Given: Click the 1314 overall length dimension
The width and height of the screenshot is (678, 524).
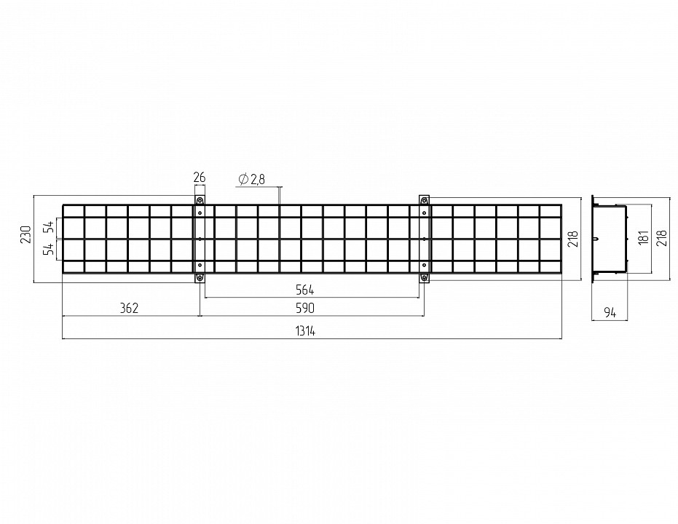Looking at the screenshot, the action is coord(305,331).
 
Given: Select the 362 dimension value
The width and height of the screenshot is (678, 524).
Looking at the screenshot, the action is coord(129,308).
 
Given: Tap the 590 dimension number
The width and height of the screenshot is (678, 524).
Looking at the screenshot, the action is coord(305,308).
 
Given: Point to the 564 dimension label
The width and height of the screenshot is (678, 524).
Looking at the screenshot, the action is coord(305,290).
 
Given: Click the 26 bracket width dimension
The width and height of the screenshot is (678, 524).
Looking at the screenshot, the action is coord(200,177).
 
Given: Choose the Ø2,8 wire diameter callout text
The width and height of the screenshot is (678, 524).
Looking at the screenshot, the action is coord(252,179).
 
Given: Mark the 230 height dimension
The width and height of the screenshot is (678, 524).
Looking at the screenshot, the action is coord(26,234).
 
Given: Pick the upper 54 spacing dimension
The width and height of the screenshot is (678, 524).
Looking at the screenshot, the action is coord(50,227).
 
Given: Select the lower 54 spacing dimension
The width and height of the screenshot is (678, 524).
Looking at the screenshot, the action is coord(50,249).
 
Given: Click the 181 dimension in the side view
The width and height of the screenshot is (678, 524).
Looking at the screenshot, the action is coord(644,237).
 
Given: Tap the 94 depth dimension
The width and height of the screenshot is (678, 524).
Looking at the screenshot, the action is coord(610,312).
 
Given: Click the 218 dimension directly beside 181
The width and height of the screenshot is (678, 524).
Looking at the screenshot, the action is coord(662,238).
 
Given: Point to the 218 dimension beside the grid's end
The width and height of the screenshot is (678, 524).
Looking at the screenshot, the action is coord(574,239).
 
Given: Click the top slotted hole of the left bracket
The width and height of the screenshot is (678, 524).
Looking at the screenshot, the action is coord(200,201).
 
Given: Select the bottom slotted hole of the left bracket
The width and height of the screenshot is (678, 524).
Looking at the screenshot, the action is coord(200,277).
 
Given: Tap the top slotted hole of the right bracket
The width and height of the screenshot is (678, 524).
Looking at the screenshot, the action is coord(424,201).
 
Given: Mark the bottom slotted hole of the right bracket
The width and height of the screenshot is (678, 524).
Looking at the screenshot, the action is coord(424,277).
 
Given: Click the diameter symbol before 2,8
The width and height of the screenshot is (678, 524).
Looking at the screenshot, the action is coord(243,179).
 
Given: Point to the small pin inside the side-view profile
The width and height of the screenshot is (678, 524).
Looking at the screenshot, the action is coord(597,239).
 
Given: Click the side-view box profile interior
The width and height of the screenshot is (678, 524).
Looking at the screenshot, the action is coord(610,239).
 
